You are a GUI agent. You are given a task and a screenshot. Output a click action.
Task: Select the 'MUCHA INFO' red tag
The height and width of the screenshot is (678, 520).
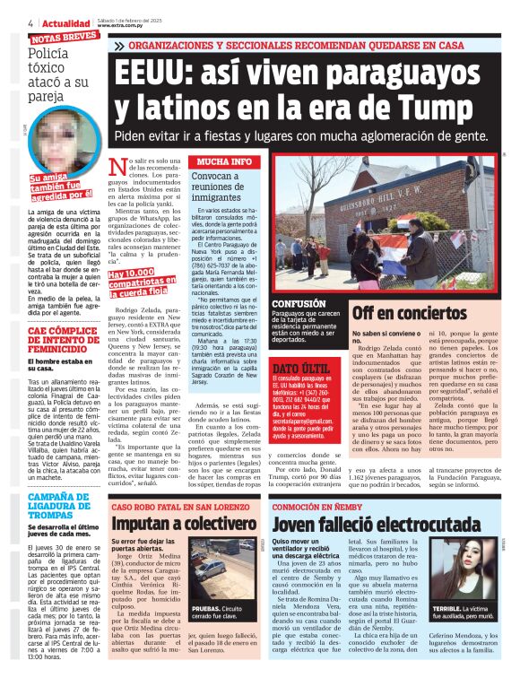[224, 161]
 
